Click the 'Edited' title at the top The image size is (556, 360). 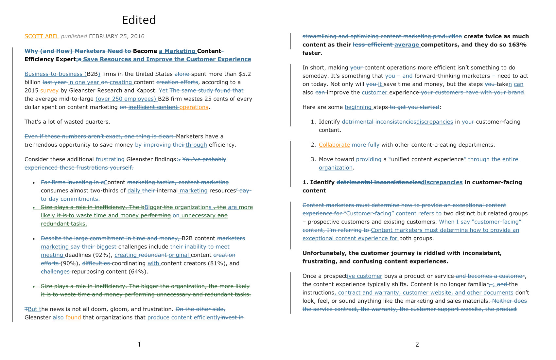139,20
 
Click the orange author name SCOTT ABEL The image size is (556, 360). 42,36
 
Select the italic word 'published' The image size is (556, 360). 74,36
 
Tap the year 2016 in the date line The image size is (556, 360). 138,36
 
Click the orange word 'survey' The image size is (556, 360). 49,91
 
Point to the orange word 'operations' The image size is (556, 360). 194,107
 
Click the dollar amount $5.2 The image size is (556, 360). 245,74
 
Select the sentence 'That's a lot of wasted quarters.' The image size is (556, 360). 67,122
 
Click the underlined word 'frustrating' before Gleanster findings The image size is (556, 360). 110,159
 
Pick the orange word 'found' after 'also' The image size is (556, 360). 73,317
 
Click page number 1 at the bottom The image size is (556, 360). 139,344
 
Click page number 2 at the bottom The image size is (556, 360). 417,344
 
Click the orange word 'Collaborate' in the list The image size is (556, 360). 334,145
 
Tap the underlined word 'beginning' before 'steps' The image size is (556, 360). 358,107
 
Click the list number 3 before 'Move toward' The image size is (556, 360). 313,159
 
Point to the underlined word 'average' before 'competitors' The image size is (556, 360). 407,45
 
